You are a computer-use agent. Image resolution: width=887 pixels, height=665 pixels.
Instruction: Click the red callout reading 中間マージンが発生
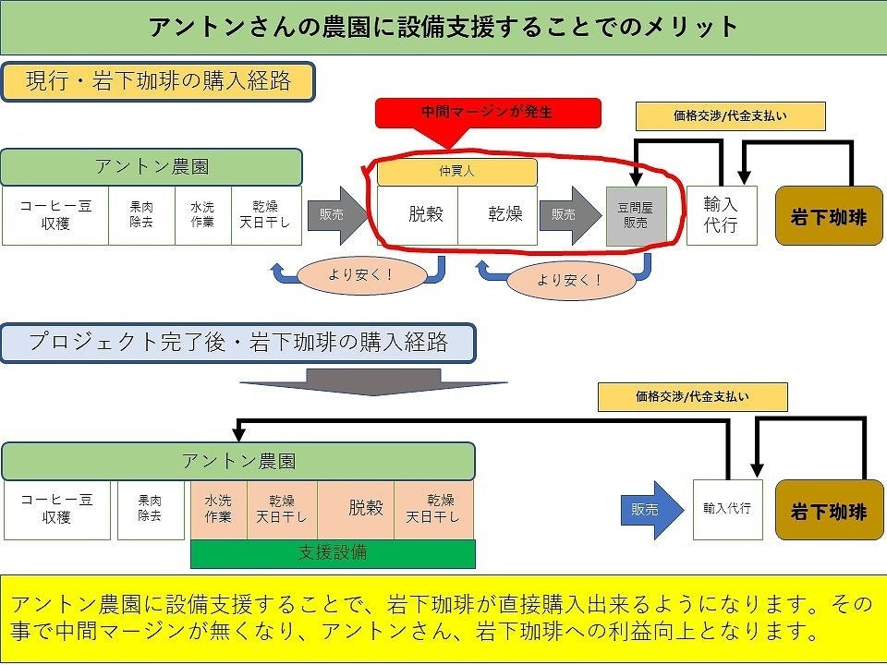pos(487,113)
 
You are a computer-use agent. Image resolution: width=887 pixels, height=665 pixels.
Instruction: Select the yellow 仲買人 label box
pos(456,172)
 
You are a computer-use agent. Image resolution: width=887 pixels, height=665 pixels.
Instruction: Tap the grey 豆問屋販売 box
pos(636,216)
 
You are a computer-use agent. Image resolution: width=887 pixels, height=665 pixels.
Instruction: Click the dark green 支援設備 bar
pos(333,553)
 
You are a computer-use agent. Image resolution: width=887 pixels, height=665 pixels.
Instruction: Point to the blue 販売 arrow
pos(652,509)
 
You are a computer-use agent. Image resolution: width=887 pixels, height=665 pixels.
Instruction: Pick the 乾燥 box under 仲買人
pos(498,215)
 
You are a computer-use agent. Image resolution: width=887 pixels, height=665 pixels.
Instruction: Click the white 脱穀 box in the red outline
pos(418,215)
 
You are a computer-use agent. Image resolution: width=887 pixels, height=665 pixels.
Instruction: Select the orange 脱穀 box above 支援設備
pos(357,509)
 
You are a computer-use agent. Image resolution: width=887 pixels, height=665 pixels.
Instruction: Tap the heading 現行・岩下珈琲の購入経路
pos(159,81)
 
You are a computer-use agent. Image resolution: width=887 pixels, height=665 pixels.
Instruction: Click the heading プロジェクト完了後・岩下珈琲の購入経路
pos(238,343)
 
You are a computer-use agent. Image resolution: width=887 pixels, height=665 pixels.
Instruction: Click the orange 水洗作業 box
pos(218,509)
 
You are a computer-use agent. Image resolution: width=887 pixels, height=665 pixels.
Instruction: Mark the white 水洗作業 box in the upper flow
pos(202,215)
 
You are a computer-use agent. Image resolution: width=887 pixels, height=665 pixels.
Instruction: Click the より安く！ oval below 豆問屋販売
pos(569,280)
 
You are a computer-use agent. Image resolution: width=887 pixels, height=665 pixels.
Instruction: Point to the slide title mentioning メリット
pos(443,27)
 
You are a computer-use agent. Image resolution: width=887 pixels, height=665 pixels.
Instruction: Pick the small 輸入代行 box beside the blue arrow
pos(727,509)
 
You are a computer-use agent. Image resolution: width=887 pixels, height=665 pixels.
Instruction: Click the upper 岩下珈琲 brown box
pos(829,216)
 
